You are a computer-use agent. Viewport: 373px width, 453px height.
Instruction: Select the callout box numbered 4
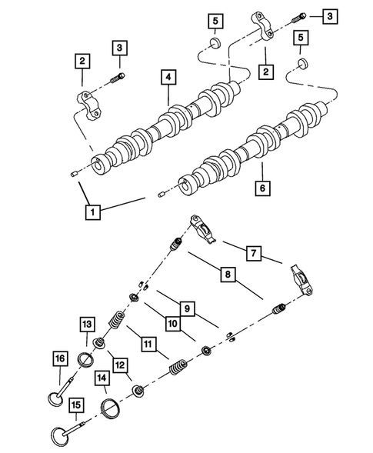(x=168, y=77)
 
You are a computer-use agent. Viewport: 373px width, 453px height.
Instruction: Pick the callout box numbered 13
(x=87, y=325)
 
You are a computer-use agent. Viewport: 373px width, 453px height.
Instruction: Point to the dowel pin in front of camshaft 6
(x=162, y=194)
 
